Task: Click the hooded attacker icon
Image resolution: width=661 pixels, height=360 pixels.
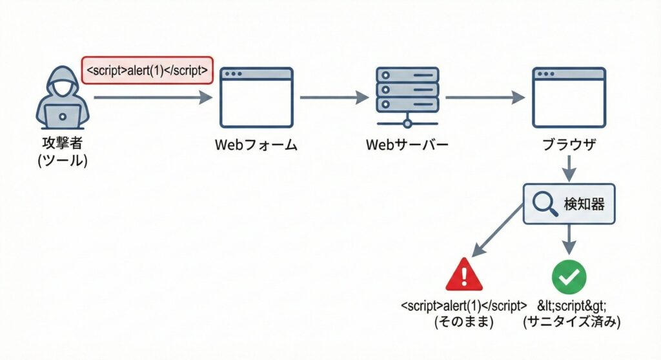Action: (x=63, y=97)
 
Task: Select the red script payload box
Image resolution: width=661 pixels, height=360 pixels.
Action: (x=147, y=70)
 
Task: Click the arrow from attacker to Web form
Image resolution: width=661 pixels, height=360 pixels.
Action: (x=152, y=97)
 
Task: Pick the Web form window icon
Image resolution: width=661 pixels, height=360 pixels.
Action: (x=256, y=97)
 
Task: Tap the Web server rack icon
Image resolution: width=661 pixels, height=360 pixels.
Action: (x=407, y=95)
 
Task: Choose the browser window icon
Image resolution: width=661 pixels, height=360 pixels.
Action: (x=569, y=97)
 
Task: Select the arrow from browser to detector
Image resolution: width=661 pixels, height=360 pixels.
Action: (x=569, y=171)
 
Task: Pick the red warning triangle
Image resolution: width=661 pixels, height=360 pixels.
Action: (x=464, y=275)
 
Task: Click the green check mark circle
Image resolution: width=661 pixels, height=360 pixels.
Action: (x=569, y=276)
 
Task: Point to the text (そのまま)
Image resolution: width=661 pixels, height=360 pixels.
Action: (x=464, y=322)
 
